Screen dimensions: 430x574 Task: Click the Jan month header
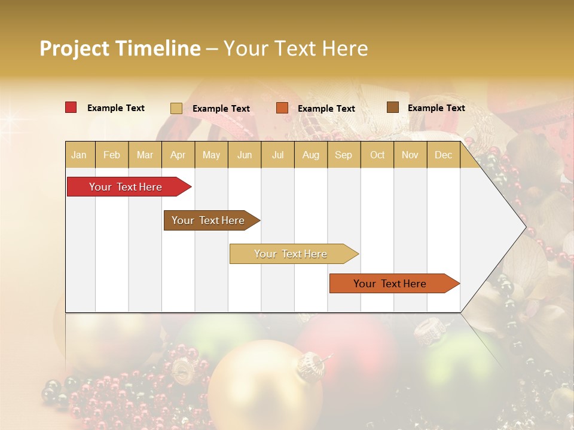[79, 155]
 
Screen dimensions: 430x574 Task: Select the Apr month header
[178, 155]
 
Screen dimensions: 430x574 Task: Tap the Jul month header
[277, 155]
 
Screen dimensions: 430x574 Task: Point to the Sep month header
[343, 155]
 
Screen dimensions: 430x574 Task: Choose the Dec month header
[443, 155]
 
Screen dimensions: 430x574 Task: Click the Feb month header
[112, 155]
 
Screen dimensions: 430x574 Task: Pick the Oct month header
[377, 155]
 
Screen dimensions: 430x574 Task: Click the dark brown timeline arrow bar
[209, 220]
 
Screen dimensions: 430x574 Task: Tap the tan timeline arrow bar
[291, 254]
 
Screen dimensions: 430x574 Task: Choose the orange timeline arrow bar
[391, 284]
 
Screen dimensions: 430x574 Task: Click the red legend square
[71, 107]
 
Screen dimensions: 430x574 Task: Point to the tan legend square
[176, 108]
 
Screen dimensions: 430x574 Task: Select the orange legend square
[282, 107]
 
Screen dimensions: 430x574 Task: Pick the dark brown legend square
[392, 107]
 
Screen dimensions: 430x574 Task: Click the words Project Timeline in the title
[120, 48]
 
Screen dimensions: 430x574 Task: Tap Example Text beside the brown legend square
[436, 108]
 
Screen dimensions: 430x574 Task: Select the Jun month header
[245, 155]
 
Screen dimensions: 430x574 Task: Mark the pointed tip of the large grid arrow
[525, 228]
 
